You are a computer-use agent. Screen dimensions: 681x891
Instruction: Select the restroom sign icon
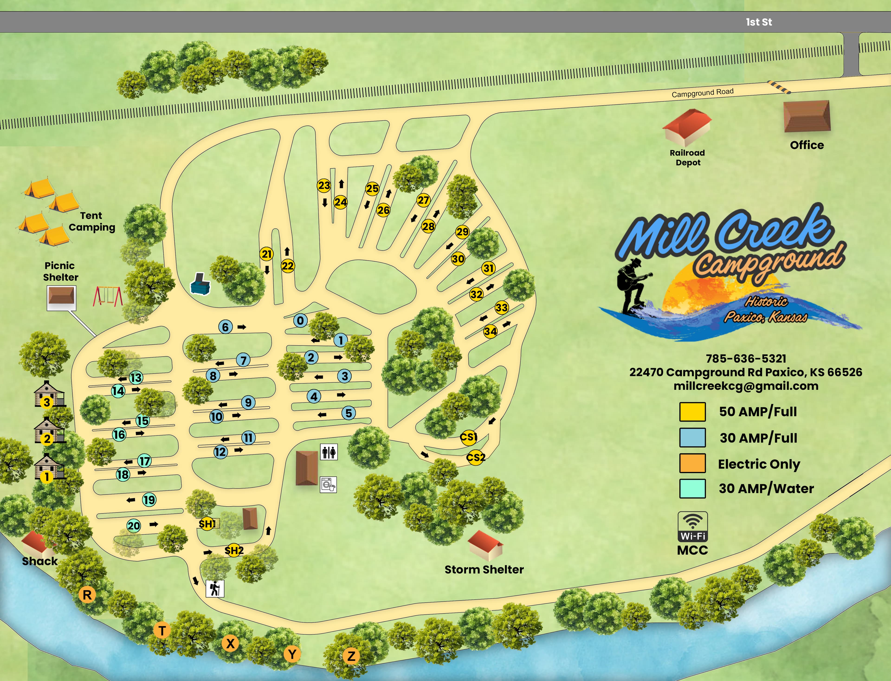tap(329, 452)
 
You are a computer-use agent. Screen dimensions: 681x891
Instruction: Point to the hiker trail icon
tap(215, 588)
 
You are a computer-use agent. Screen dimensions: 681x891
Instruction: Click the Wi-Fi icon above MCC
tap(692, 526)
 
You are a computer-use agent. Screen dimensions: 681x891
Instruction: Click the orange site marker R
tap(87, 595)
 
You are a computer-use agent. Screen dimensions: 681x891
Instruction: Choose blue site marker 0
tap(300, 321)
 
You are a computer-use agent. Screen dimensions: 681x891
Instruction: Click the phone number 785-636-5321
tap(746, 358)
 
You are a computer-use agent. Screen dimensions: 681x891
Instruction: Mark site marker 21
tap(266, 254)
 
